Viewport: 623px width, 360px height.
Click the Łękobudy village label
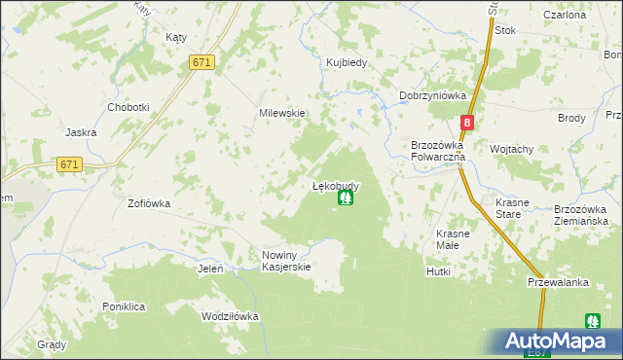coord(336,185)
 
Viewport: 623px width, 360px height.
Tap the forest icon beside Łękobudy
coord(345,198)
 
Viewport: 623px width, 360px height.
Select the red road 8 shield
coord(467,123)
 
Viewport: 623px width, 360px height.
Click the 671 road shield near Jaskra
coord(69,164)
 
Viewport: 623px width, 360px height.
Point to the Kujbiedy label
coord(346,63)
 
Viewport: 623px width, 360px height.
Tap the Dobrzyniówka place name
coord(433,95)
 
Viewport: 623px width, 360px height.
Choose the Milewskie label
coord(282,113)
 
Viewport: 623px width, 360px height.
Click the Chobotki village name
coord(128,107)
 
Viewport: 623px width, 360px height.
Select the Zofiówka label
coord(149,204)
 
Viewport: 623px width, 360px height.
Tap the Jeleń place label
coord(211,269)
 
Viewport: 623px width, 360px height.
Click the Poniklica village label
coord(124,306)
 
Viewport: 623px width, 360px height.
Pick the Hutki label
coord(438,271)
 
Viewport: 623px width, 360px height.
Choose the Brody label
coord(571,118)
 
